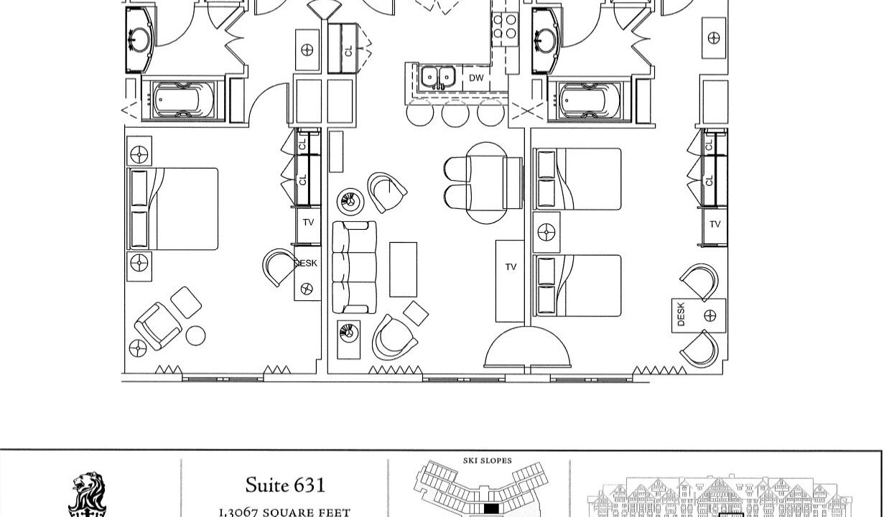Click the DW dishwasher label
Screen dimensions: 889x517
(x=476, y=78)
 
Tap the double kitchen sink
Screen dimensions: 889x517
(x=438, y=77)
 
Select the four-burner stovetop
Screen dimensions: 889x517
(x=505, y=26)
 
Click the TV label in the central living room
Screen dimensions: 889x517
(x=511, y=266)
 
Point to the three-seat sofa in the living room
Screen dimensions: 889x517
(x=354, y=267)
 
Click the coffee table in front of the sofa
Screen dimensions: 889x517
(x=403, y=269)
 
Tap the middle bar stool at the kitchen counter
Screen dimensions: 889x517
(x=455, y=113)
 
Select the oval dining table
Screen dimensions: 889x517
(x=486, y=183)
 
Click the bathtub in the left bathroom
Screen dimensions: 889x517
(x=183, y=100)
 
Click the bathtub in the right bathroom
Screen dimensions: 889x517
(x=590, y=101)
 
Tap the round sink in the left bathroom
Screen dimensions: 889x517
(x=139, y=39)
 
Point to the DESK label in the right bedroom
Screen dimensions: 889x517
(x=681, y=315)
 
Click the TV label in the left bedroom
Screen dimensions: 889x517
(x=308, y=223)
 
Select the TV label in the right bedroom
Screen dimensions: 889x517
(x=715, y=224)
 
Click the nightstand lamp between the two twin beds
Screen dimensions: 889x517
(x=546, y=232)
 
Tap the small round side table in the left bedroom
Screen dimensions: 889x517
(x=195, y=335)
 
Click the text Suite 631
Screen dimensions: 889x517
(x=285, y=485)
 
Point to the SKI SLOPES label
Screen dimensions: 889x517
(x=488, y=461)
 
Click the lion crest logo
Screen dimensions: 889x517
(x=88, y=495)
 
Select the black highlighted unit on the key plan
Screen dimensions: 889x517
(x=491, y=508)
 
